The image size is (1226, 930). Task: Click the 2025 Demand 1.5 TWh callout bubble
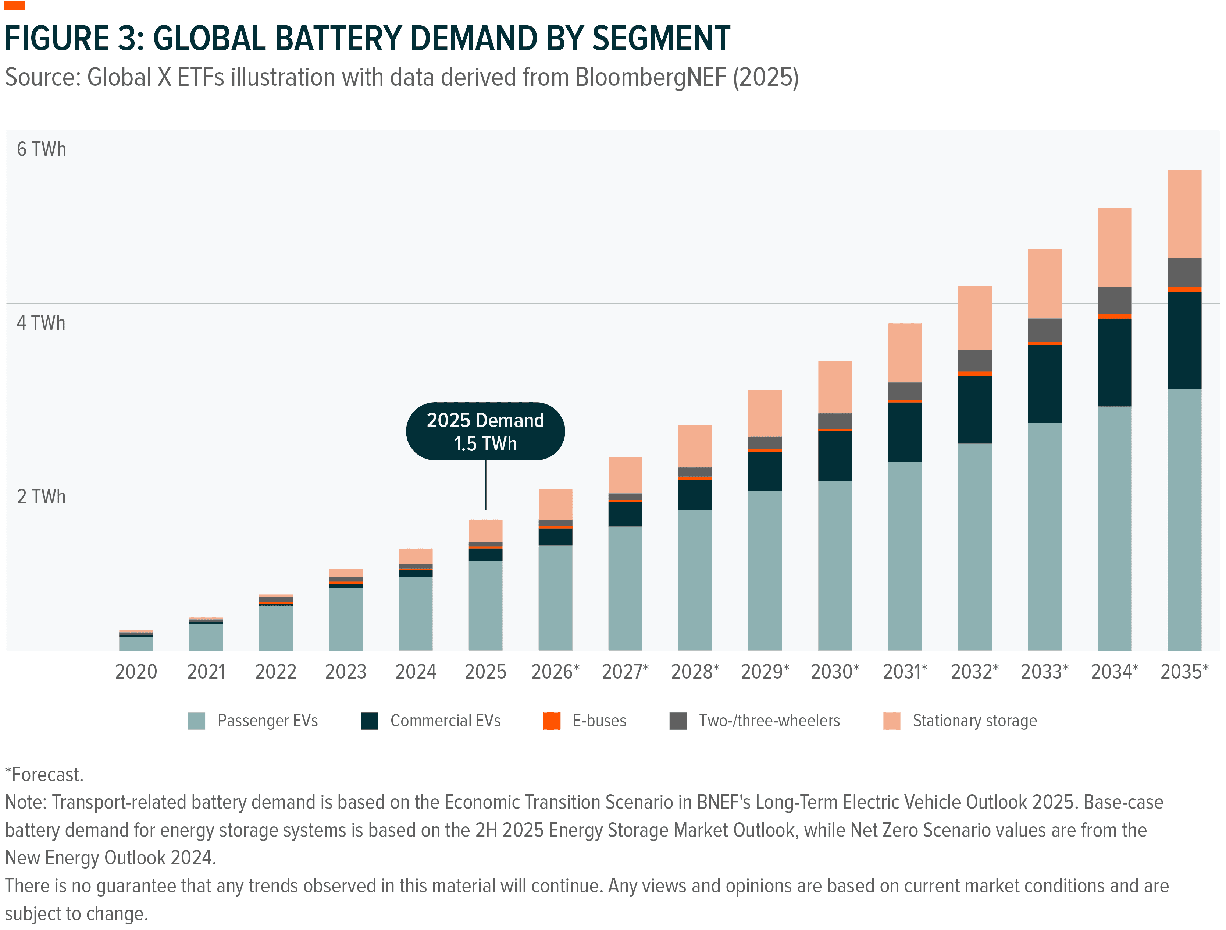click(x=485, y=431)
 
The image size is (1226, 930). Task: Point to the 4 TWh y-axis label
click(x=41, y=323)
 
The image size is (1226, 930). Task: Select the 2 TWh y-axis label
click(x=41, y=496)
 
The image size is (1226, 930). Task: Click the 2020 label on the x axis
click(x=136, y=672)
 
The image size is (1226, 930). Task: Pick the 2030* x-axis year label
click(x=835, y=672)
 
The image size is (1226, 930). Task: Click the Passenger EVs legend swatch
click(x=197, y=721)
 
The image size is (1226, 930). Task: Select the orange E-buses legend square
click(x=552, y=721)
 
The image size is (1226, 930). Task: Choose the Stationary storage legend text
click(x=974, y=721)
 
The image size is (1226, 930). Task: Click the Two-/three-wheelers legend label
click(x=769, y=721)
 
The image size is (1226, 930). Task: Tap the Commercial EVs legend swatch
click(x=369, y=721)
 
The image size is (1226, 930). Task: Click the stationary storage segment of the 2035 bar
click(x=1184, y=214)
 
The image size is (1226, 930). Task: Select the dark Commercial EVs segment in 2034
click(x=1114, y=363)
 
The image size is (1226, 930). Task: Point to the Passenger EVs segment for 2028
click(x=695, y=580)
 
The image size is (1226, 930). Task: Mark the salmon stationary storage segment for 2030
click(x=835, y=386)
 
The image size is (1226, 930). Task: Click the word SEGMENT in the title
click(x=661, y=39)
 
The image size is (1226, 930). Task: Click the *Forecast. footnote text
click(x=44, y=774)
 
